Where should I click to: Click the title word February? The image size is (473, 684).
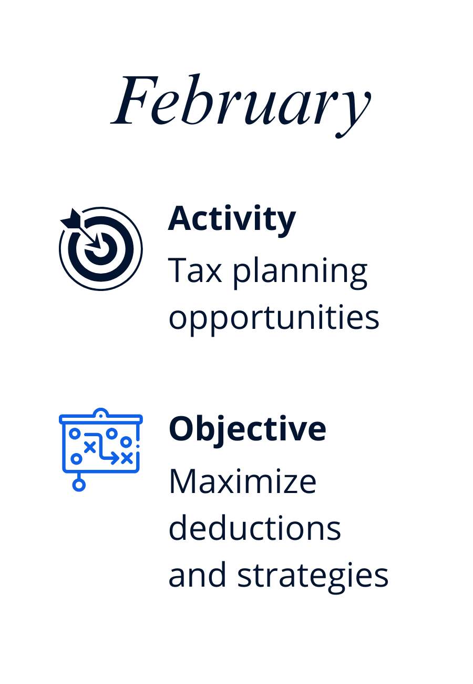click(x=241, y=105)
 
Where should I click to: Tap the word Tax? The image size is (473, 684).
click(x=195, y=270)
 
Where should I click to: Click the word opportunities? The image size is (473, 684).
click(x=274, y=319)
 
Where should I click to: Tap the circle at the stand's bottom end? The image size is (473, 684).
click(x=79, y=485)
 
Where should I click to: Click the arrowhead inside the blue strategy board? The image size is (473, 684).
click(x=115, y=458)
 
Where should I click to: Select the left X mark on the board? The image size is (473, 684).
click(x=90, y=447)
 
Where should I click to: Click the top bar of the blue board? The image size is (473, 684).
click(x=100, y=419)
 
